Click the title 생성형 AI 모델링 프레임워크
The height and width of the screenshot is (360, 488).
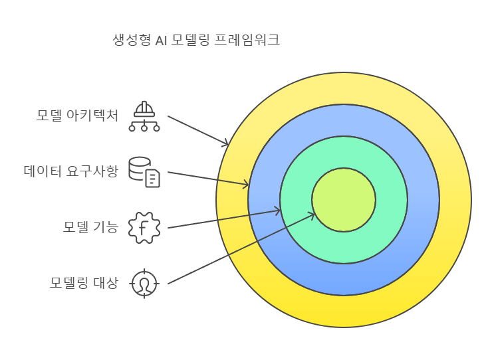click(196, 40)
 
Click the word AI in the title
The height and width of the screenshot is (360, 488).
click(161, 41)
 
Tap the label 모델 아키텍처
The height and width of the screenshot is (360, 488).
click(77, 116)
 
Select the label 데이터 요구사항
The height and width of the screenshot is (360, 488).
click(71, 171)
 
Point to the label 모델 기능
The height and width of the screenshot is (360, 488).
click(90, 227)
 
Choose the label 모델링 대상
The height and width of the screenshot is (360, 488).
click(84, 283)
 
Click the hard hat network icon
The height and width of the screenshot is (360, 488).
click(144, 116)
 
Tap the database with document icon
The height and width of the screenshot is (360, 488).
click(144, 172)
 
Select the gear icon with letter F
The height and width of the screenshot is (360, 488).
click(144, 228)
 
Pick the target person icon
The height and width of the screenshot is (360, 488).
click(144, 284)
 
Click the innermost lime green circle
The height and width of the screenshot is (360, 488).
click(344, 200)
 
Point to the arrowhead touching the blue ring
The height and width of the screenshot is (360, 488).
click(246, 185)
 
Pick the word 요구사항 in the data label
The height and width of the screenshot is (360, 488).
click(92, 171)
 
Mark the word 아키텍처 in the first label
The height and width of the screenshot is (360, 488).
click(92, 116)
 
